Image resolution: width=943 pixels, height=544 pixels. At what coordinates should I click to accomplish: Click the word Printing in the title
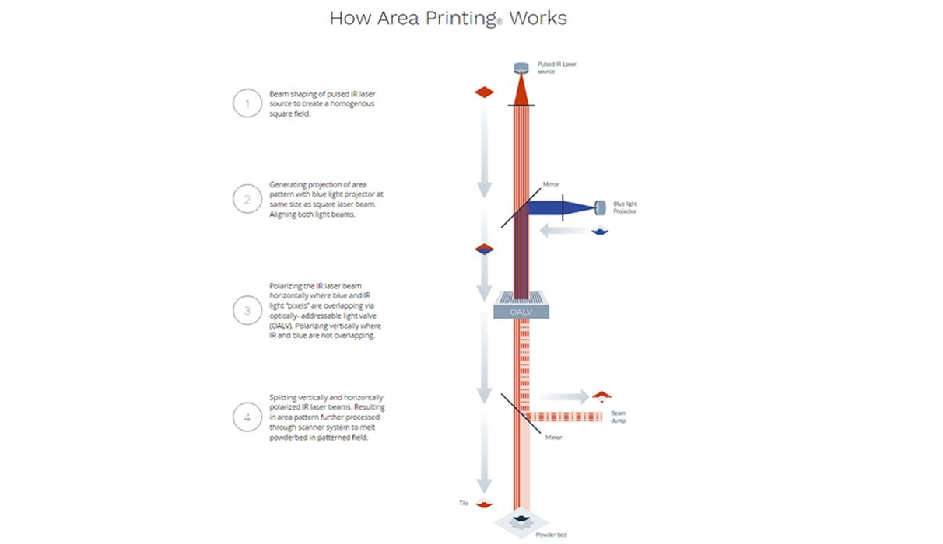[x=460, y=18]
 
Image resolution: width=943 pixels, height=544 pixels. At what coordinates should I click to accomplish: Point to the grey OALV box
[x=521, y=310]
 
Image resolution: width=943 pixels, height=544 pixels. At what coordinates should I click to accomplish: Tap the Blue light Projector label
[x=625, y=207]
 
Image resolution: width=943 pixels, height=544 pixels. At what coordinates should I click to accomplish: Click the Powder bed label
[x=545, y=535]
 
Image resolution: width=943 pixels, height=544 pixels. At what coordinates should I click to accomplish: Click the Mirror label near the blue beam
[x=551, y=185]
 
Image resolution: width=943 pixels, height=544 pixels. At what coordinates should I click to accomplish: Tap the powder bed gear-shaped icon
[x=521, y=523]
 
